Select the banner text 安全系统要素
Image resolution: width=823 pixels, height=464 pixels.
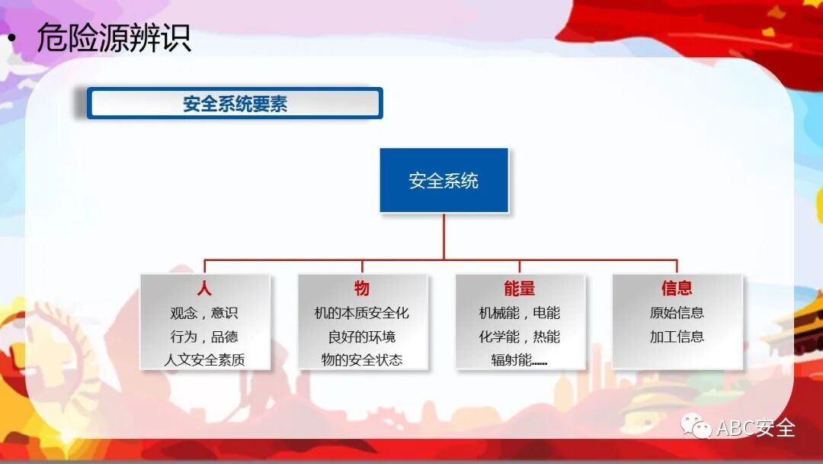[x=235, y=104]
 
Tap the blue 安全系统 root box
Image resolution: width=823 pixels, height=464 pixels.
[x=444, y=181]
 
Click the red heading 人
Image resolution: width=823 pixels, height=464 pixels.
[x=204, y=288]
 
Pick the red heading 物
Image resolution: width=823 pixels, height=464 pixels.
[x=362, y=288]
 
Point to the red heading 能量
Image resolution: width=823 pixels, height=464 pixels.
[x=519, y=288]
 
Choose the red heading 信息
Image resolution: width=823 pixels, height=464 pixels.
[x=677, y=288]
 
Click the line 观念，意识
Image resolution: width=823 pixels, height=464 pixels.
[x=204, y=313]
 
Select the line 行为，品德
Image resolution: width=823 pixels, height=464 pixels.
[x=204, y=337]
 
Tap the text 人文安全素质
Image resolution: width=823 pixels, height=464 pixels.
[x=204, y=360]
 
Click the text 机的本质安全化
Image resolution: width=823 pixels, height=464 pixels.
[x=362, y=313]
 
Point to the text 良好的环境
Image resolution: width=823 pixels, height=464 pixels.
[x=362, y=337]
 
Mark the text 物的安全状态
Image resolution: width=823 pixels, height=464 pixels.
[x=362, y=360]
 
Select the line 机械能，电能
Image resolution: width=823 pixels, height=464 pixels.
[x=519, y=313]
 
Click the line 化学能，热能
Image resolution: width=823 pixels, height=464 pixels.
[x=519, y=337]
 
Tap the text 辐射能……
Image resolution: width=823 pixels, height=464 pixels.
[x=519, y=360]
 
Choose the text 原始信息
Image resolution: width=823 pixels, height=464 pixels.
[x=677, y=313]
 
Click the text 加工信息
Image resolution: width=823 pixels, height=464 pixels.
[x=677, y=337]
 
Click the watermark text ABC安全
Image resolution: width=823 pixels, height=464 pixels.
[x=756, y=428]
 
